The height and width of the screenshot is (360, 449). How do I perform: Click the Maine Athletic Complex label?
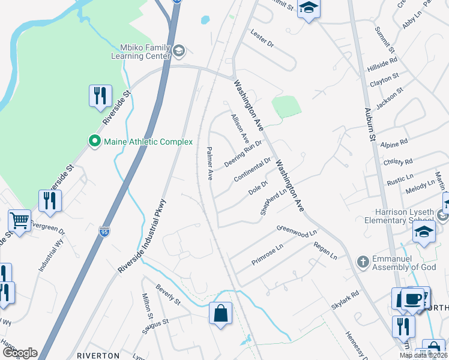(148, 142)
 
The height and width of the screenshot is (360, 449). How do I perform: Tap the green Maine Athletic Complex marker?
(94, 142)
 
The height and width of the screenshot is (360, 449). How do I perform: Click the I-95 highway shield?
(104, 230)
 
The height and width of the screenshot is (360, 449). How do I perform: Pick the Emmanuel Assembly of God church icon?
(362, 262)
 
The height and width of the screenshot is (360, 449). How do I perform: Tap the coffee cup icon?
(412, 299)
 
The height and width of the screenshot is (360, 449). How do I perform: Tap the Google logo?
(20, 353)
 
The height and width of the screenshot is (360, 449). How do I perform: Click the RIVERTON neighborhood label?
(98, 356)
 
